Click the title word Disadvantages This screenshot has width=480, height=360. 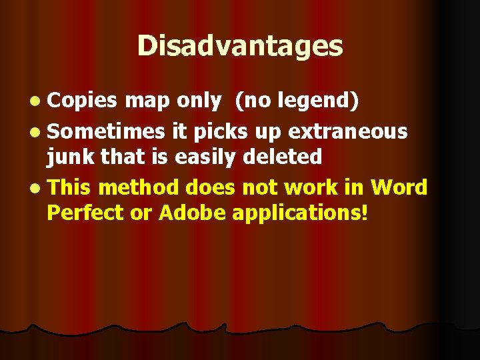240,46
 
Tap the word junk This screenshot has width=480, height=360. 68,157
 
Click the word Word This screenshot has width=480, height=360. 399,187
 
